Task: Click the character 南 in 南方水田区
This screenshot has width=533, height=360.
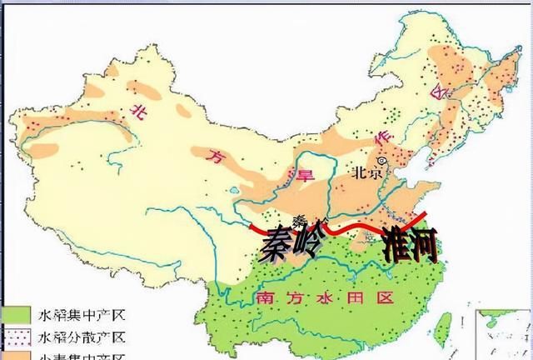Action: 266,297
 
